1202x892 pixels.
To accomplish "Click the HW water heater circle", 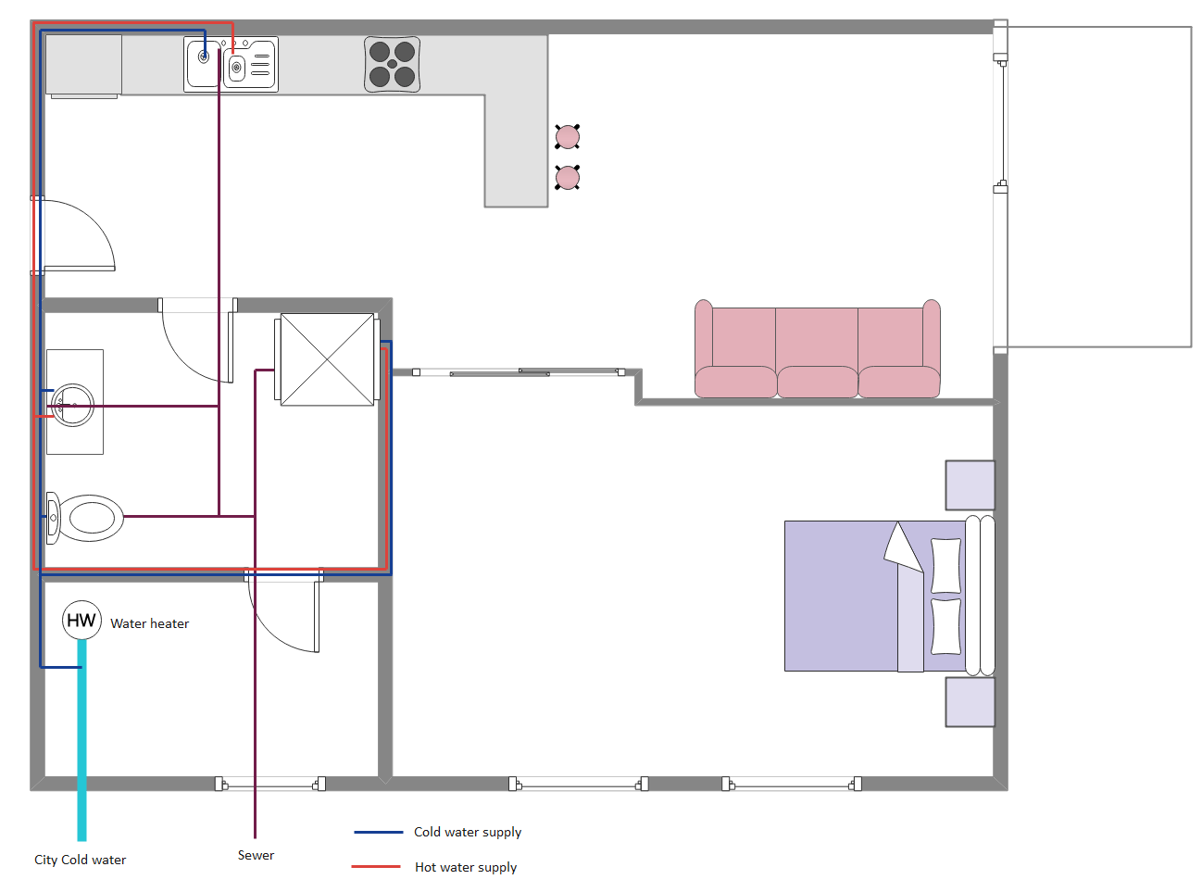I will (81, 620).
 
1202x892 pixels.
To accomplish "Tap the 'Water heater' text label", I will (149, 623).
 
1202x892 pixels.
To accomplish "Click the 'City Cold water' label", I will (80, 860).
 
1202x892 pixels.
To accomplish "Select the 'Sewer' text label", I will (256, 855).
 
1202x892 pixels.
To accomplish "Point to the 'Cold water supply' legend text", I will (468, 832).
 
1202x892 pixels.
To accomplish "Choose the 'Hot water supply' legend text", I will (466, 867).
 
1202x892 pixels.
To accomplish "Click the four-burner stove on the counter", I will (392, 64).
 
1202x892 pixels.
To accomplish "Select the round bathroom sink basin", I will (73, 405).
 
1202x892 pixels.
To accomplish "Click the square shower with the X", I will (327, 359).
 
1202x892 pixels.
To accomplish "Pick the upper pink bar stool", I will (568, 137).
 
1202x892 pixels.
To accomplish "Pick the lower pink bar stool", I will (568, 177).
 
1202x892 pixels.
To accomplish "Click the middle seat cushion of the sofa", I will (817, 382).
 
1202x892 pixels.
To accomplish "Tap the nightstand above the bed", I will (970, 484).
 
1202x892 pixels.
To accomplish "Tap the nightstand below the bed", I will (970, 701).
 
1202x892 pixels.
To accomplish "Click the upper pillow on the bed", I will (945, 565).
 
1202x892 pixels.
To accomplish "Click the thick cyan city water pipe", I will (81, 741).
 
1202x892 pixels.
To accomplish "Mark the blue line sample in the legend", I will (378, 832).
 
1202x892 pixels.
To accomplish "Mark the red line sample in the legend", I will (376, 867).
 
